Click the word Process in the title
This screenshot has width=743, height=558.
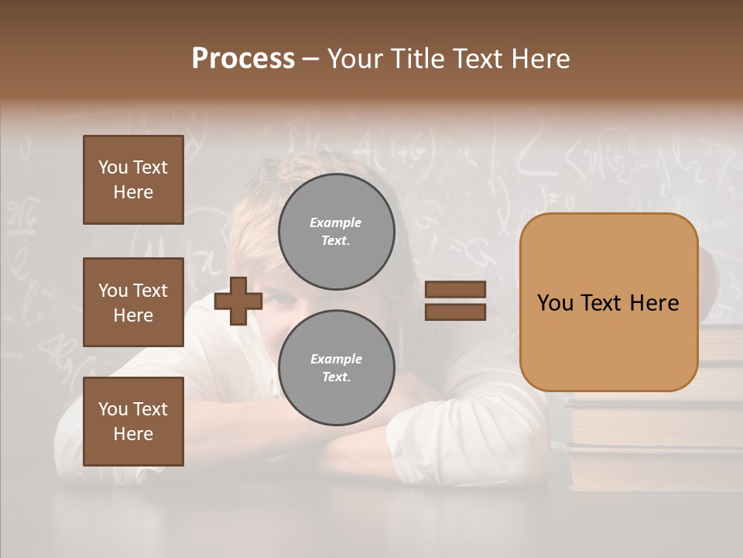243,59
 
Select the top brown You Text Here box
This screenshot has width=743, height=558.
133,180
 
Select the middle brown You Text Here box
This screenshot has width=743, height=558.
133,302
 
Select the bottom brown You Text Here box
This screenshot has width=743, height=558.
133,422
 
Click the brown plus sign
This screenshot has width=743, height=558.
238,300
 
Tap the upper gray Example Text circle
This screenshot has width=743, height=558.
336,232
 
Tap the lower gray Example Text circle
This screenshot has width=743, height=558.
336,368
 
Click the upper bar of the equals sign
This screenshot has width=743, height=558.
455,289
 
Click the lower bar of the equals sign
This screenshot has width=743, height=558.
455,312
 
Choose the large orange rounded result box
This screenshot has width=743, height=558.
608,302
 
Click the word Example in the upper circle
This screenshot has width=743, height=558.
336,222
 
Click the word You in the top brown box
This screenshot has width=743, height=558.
113,167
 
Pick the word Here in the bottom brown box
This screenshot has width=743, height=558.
133,434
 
